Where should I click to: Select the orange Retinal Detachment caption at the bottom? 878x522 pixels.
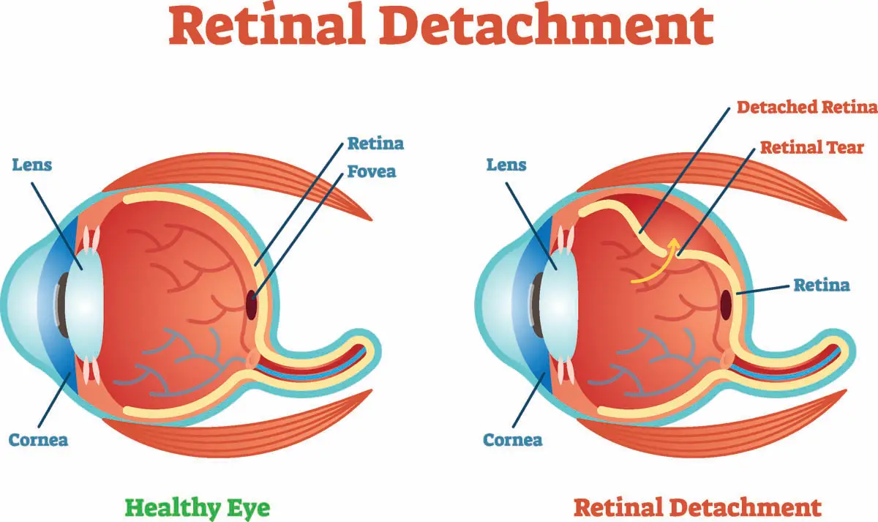(x=697, y=507)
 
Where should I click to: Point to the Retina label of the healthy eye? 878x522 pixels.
(x=375, y=143)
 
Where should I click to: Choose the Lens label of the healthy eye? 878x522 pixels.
(x=31, y=165)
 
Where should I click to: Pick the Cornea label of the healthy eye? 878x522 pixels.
(x=38, y=440)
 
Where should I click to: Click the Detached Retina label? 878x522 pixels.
(x=806, y=108)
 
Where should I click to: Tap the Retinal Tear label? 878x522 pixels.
(x=812, y=148)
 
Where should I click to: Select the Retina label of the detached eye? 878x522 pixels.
(x=822, y=285)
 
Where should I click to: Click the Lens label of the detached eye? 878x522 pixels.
(x=506, y=165)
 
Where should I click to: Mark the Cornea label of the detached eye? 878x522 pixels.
(x=512, y=440)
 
